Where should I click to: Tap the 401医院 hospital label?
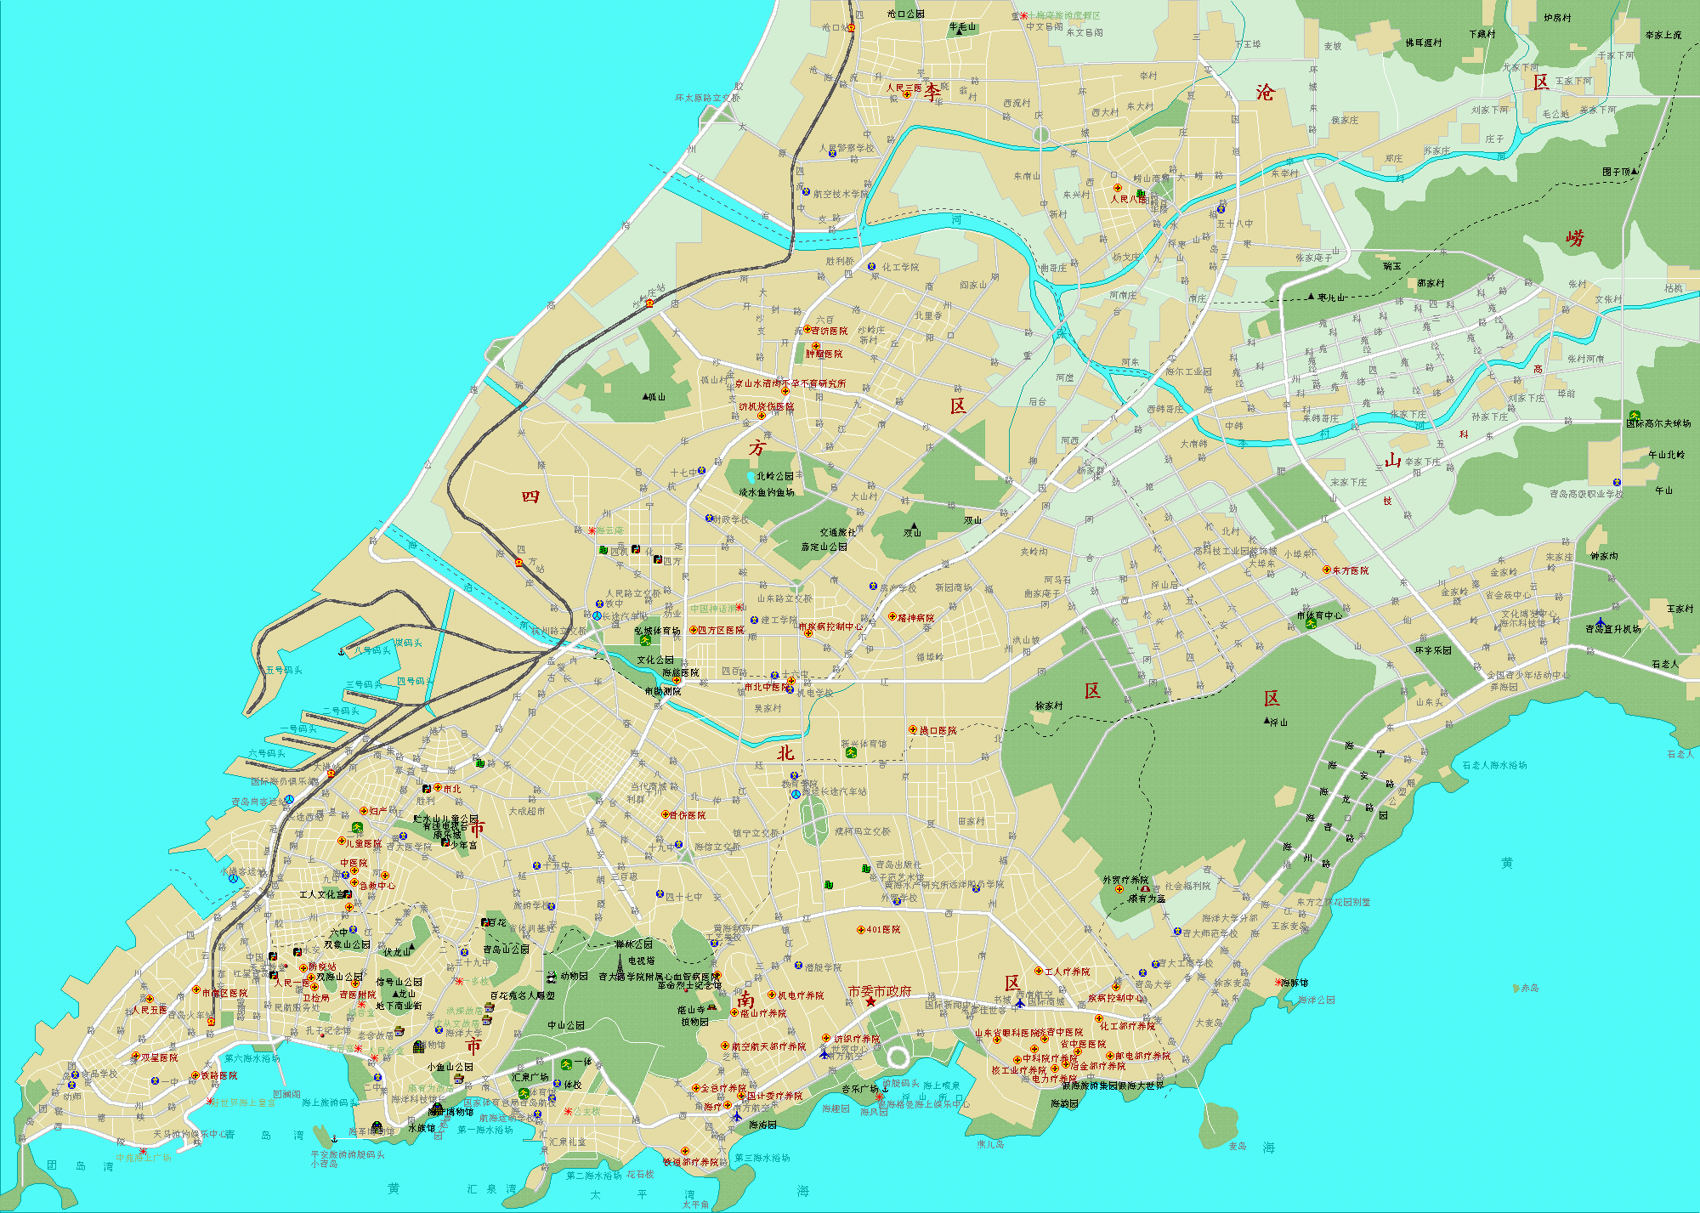883,930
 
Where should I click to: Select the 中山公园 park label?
565,1025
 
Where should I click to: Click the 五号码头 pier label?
283,671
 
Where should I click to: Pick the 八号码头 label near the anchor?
372,651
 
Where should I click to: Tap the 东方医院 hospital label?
1350,570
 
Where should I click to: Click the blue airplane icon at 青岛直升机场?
1601,622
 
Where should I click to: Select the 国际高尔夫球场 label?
1657,423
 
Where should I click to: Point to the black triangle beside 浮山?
1266,721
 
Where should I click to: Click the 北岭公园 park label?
774,476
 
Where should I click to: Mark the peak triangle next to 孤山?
645,396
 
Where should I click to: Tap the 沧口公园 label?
905,14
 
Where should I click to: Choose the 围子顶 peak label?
1616,172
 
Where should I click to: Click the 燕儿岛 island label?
990,1144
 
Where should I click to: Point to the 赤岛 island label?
1530,988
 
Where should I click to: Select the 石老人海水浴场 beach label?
1494,765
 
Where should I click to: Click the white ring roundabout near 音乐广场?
898,1057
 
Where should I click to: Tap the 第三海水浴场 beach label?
762,1158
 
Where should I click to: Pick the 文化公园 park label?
655,660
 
